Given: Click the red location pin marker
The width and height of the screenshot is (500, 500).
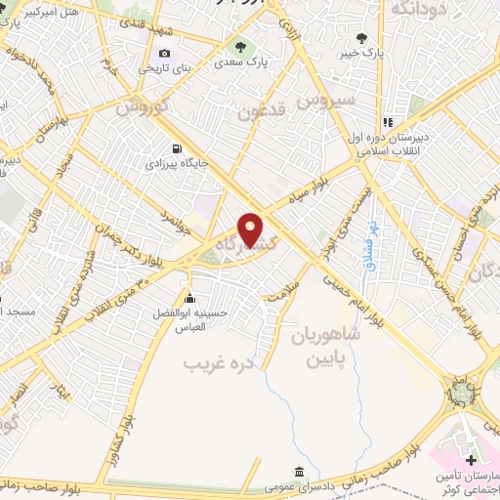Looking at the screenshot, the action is click(x=251, y=229).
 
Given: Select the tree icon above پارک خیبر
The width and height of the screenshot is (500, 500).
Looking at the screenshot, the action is click(x=362, y=38).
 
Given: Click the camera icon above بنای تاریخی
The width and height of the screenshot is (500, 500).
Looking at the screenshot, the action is click(x=164, y=53).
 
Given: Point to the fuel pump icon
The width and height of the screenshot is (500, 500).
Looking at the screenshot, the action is click(x=176, y=149).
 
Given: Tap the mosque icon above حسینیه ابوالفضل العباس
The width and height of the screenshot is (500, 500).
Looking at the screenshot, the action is click(x=188, y=299).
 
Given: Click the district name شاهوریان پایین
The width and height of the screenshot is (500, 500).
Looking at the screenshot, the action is click(x=325, y=344).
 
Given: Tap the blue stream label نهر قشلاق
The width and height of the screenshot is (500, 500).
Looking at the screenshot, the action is click(x=371, y=243).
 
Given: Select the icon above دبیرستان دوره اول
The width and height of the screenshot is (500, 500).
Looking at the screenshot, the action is click(x=387, y=123).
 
